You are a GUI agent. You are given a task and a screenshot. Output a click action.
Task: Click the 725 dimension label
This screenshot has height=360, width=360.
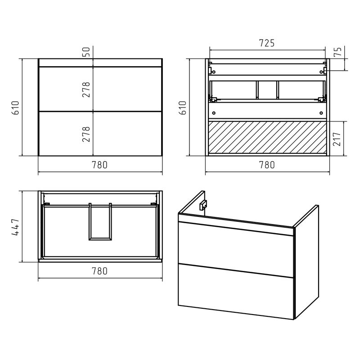[266, 43]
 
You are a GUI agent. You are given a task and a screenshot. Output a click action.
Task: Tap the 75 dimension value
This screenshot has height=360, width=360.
[338, 51]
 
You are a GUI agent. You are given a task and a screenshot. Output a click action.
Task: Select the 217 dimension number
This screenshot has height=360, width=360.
[337, 139]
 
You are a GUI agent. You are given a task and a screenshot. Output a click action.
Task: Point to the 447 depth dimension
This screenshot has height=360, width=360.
[15, 226]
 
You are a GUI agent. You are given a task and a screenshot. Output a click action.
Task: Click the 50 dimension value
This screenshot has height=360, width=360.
[86, 52]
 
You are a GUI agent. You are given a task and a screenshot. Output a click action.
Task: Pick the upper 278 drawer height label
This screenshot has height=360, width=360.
[86, 89]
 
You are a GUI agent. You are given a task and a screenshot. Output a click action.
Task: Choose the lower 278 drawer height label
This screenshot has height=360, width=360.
[86, 134]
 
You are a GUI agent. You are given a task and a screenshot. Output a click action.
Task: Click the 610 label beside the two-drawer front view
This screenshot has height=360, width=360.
[15, 108]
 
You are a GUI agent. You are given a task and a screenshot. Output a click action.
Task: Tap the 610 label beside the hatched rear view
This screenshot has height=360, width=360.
[183, 108]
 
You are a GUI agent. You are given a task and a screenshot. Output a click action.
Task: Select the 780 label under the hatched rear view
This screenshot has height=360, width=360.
[267, 165]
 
